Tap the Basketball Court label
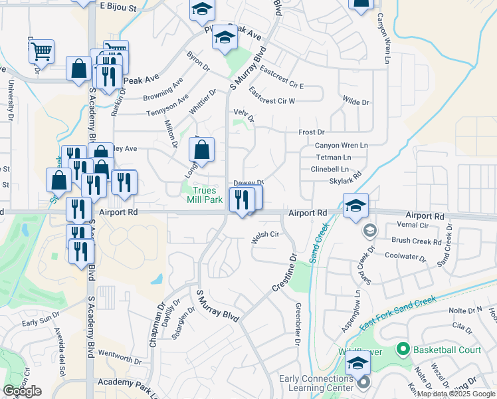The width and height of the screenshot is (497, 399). (x=447, y=350)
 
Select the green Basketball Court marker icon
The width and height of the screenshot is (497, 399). (x=401, y=349)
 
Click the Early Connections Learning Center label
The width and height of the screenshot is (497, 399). (x=316, y=384)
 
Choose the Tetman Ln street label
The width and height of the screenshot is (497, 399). (x=333, y=158)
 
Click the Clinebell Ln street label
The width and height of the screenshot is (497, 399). (x=330, y=169)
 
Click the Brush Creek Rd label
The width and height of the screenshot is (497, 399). (x=417, y=241)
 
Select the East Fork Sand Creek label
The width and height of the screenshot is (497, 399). (x=398, y=313)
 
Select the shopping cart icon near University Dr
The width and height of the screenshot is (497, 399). (x=41, y=51)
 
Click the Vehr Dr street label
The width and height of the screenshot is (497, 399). (x=244, y=116)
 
